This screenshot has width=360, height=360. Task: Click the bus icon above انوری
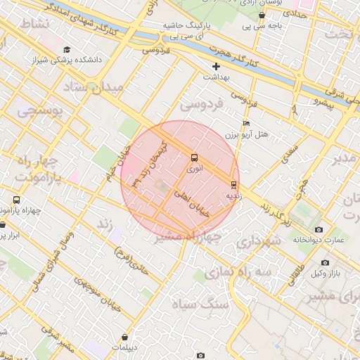(x=194, y=157)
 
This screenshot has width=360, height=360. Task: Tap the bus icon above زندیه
(x=233, y=185)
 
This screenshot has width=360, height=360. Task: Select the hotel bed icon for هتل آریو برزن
(x=246, y=122)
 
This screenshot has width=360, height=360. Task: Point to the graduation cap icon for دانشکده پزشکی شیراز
(x=67, y=50)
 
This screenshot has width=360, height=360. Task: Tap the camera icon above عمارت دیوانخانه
(x=319, y=230)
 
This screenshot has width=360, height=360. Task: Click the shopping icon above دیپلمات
(x=125, y=337)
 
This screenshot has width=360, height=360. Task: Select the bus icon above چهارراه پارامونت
(x=16, y=200)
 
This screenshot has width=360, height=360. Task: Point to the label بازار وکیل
(x=326, y=273)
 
